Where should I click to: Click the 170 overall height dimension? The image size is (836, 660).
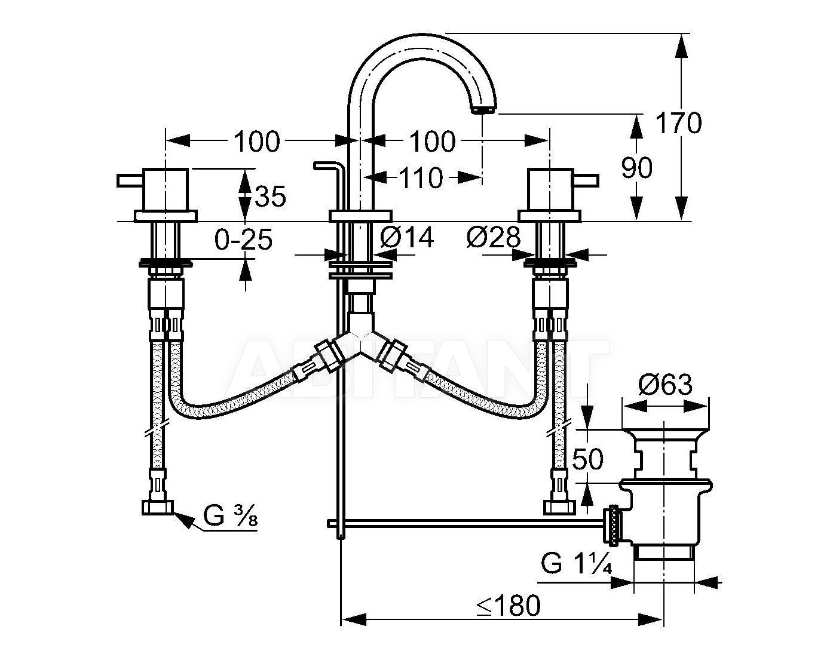point(678,122)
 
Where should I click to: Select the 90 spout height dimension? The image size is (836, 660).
point(637,168)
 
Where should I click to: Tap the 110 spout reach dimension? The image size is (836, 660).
point(421,178)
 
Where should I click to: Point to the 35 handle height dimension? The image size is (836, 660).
point(270,195)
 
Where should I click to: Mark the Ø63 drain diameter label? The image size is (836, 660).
point(665,385)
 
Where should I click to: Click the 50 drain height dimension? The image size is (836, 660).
point(588,459)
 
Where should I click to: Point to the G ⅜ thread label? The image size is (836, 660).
point(231,515)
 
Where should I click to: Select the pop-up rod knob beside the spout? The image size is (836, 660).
point(329,165)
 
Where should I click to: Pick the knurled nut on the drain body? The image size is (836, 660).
point(611,525)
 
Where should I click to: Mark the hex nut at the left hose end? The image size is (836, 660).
point(158,508)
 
